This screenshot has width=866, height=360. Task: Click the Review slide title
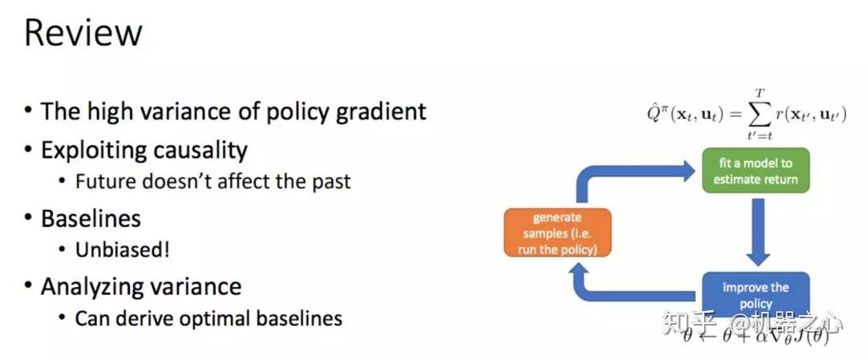click(83, 33)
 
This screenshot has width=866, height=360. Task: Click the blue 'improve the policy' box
click(756, 293)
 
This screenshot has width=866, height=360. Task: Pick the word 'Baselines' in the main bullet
click(91, 218)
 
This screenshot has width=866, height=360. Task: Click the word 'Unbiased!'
click(122, 249)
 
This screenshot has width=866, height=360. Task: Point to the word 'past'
click(330, 181)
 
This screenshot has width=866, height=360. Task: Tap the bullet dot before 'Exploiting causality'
click(29, 150)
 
